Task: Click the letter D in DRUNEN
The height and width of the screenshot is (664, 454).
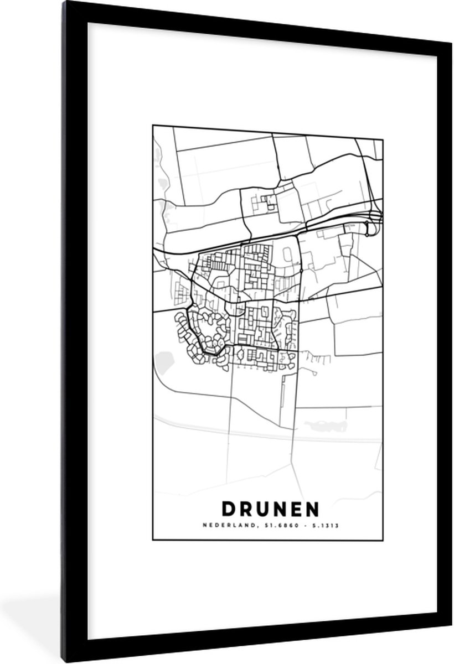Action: (x=228, y=507)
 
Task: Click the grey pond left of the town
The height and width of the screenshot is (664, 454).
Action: (x=164, y=362)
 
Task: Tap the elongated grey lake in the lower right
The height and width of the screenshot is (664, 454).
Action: (x=326, y=426)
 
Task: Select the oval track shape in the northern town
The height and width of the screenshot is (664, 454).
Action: (x=288, y=256)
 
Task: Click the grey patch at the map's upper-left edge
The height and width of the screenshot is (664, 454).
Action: (x=161, y=183)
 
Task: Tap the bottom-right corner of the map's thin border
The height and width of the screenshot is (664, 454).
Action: (x=383, y=540)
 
